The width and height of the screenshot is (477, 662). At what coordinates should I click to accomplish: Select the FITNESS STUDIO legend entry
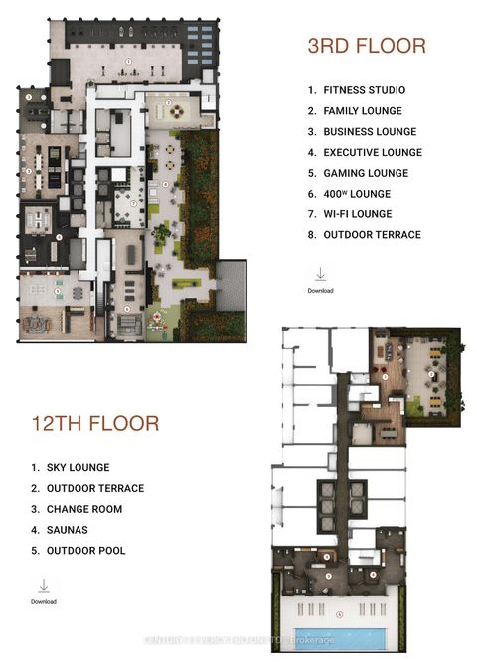(356, 90)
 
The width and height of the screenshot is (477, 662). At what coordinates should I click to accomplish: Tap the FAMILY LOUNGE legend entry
(355, 111)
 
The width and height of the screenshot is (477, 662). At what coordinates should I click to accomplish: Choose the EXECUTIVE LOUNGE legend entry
(364, 153)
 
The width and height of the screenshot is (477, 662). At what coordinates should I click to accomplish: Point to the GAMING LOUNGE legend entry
(358, 173)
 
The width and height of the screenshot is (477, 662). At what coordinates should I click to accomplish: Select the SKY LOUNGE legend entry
(75, 467)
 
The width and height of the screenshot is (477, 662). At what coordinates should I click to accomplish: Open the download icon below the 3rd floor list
(320, 274)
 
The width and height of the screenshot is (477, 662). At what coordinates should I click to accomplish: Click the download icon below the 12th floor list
(43, 586)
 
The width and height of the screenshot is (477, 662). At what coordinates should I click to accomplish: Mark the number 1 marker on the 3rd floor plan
(128, 61)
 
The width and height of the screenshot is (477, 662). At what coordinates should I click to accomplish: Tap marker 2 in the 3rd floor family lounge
(169, 102)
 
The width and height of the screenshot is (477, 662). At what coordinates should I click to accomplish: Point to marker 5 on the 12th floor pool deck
(339, 614)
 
